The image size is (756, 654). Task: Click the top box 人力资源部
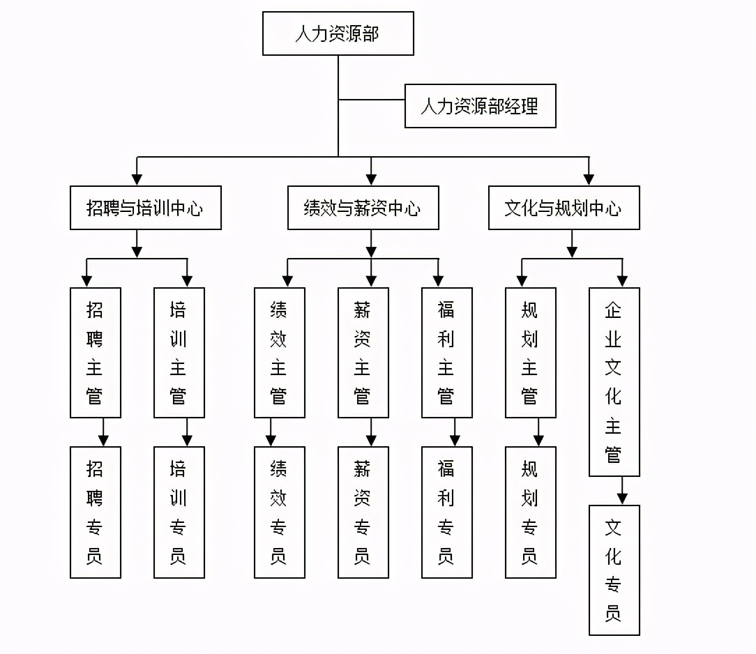[338, 33]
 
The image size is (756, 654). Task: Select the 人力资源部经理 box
[480, 106]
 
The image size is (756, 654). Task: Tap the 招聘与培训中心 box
[145, 208]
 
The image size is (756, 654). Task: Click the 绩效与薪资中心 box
[363, 208]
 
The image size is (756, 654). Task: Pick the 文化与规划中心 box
[564, 208]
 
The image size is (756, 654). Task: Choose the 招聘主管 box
[95, 353]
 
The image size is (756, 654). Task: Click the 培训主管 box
[179, 353]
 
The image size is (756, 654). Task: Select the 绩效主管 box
[279, 353]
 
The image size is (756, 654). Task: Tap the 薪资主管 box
[363, 353]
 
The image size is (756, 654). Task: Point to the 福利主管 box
[446, 353]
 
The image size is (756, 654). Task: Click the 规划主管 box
[530, 353]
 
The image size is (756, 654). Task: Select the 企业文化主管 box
[614, 382]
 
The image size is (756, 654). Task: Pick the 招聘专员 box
[95, 512]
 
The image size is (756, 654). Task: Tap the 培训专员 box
[179, 512]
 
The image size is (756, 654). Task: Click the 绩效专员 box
[279, 512]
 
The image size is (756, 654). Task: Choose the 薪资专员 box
[363, 512]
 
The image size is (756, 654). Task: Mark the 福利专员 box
[446, 512]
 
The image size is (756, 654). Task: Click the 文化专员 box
[614, 570]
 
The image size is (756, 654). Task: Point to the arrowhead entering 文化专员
[622, 499]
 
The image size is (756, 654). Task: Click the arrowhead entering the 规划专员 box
[538, 441]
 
